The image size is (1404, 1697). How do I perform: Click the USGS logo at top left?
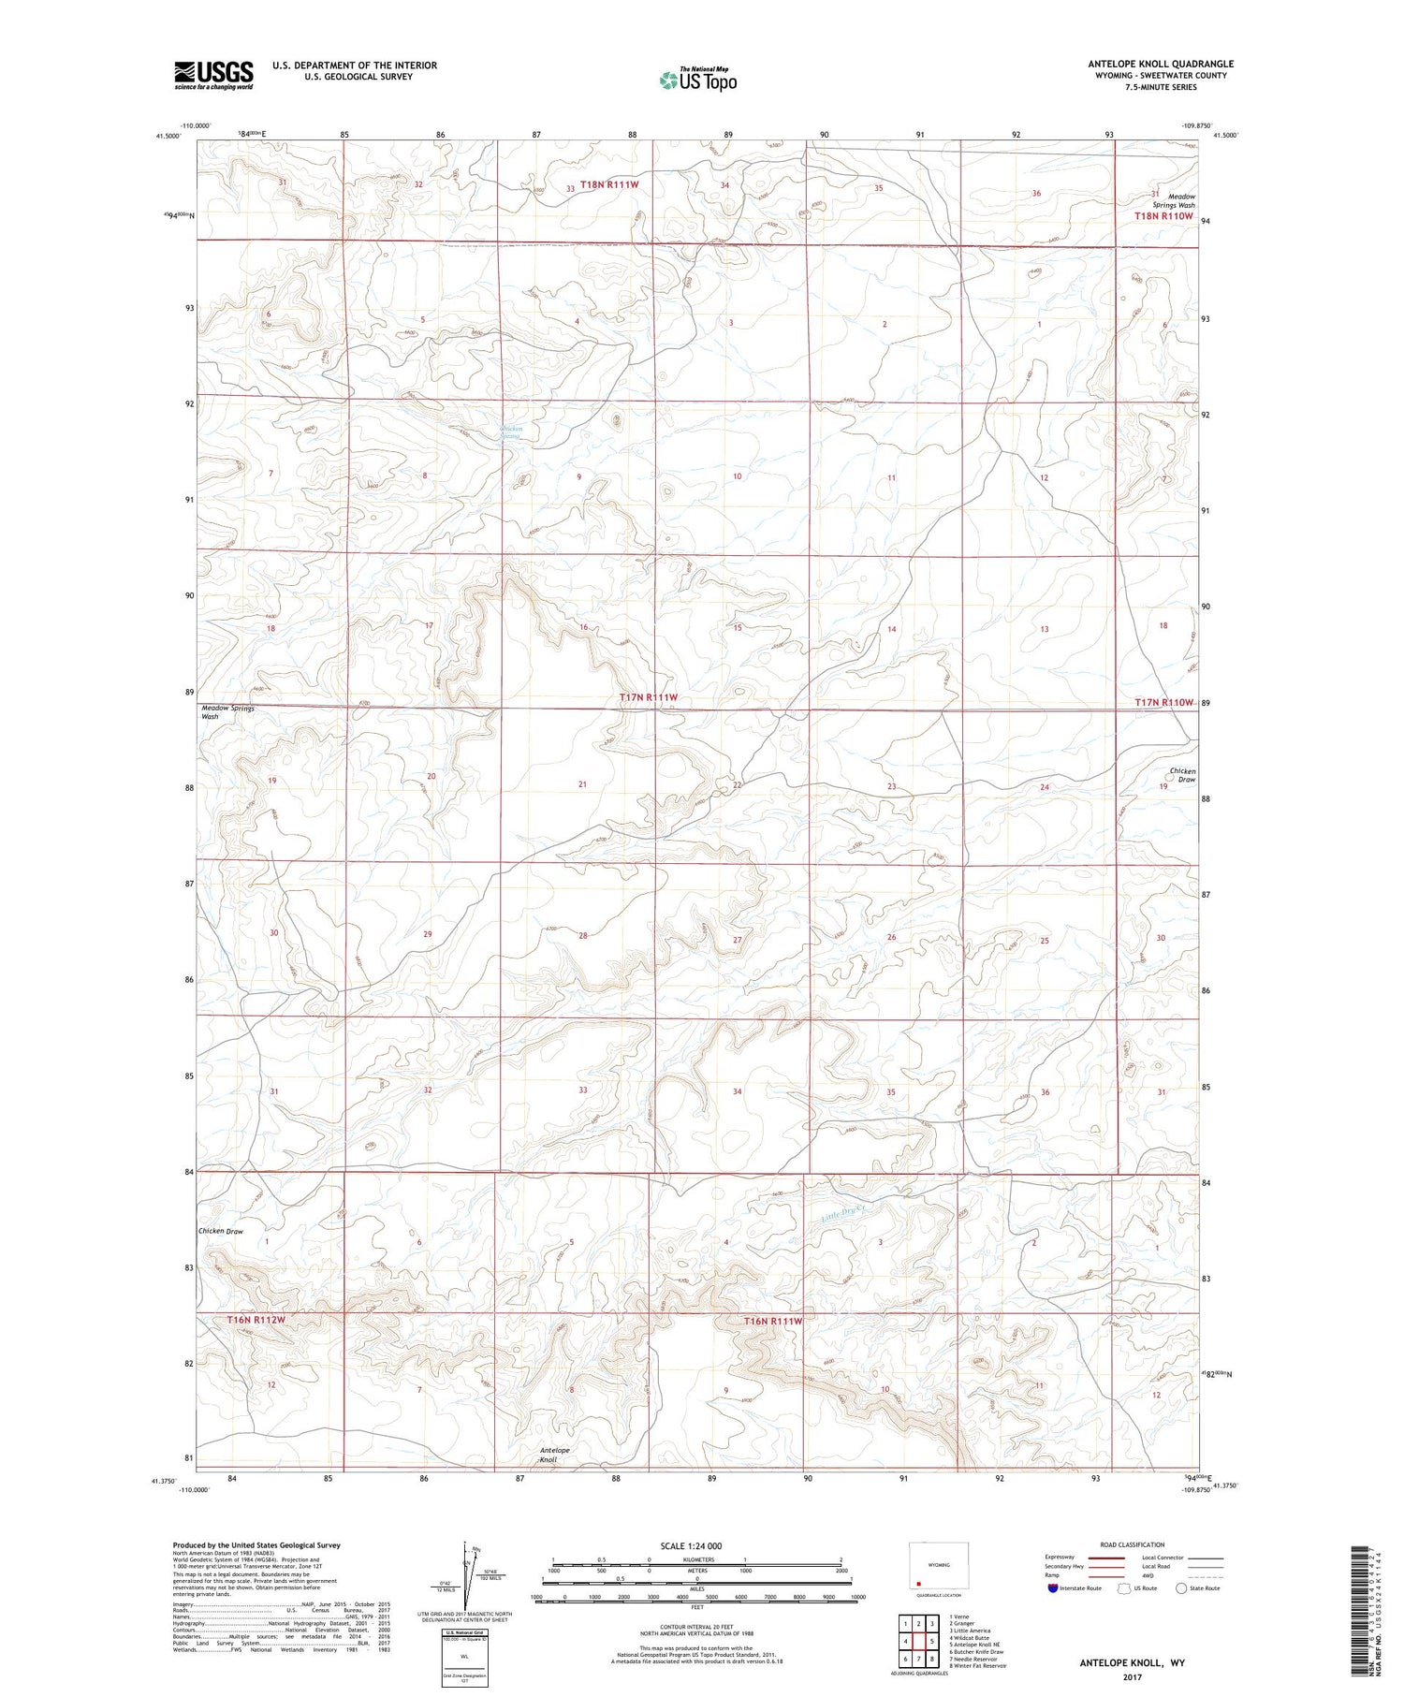pos(213,75)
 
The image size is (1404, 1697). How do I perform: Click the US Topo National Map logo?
pos(697,80)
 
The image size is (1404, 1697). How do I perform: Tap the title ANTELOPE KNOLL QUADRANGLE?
pos(1160,64)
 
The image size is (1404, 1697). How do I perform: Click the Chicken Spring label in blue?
pos(510,432)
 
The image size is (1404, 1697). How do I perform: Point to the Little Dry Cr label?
pos(844,1215)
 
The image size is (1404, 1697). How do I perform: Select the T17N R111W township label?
pos(648,698)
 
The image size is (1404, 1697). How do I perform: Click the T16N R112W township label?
pos(256,1320)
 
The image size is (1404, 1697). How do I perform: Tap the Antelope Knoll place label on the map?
pos(554,1455)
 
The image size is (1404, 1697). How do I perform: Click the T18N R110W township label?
pos(1163,216)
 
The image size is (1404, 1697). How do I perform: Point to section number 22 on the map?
pos(738,785)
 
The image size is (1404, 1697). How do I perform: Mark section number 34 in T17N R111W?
pos(738,1091)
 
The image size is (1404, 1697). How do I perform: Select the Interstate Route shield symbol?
pos(1053,1587)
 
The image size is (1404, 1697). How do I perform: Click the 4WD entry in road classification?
pos(1152,1574)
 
